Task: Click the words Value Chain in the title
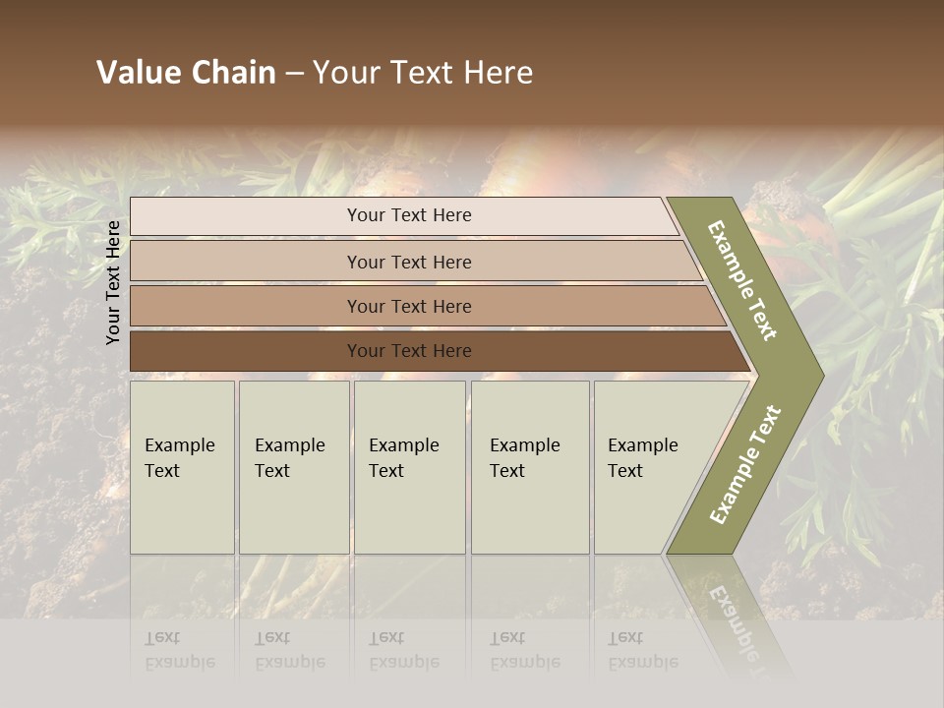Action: [x=186, y=73]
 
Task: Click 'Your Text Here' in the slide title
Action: [x=423, y=73]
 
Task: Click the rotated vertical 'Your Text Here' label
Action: [x=114, y=282]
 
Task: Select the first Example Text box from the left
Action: [x=182, y=466]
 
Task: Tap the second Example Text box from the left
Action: [x=293, y=466]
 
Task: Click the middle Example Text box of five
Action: [x=408, y=466]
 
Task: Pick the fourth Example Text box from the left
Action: [x=529, y=466]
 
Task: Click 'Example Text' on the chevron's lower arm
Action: [x=745, y=464]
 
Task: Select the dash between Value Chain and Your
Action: [x=294, y=74]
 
